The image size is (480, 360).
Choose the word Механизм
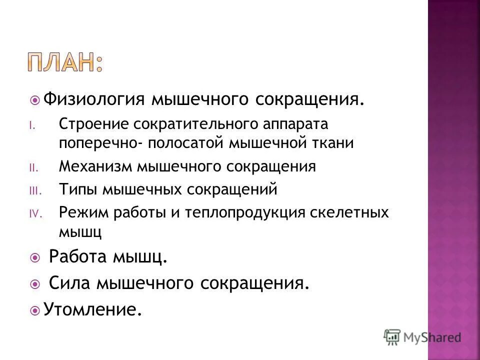pyautogui.click(x=95, y=166)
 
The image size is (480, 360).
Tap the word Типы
pyautogui.click(x=78, y=189)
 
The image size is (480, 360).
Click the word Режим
pyautogui.click(x=81, y=212)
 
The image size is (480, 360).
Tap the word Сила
pyautogui.click(x=69, y=284)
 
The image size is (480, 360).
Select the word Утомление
pyautogui.click(x=89, y=310)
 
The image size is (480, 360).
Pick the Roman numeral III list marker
pyautogui.click(x=32, y=190)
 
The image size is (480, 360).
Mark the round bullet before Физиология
pyautogui.click(x=34, y=99)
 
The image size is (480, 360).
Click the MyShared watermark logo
pyautogui.click(x=422, y=337)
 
